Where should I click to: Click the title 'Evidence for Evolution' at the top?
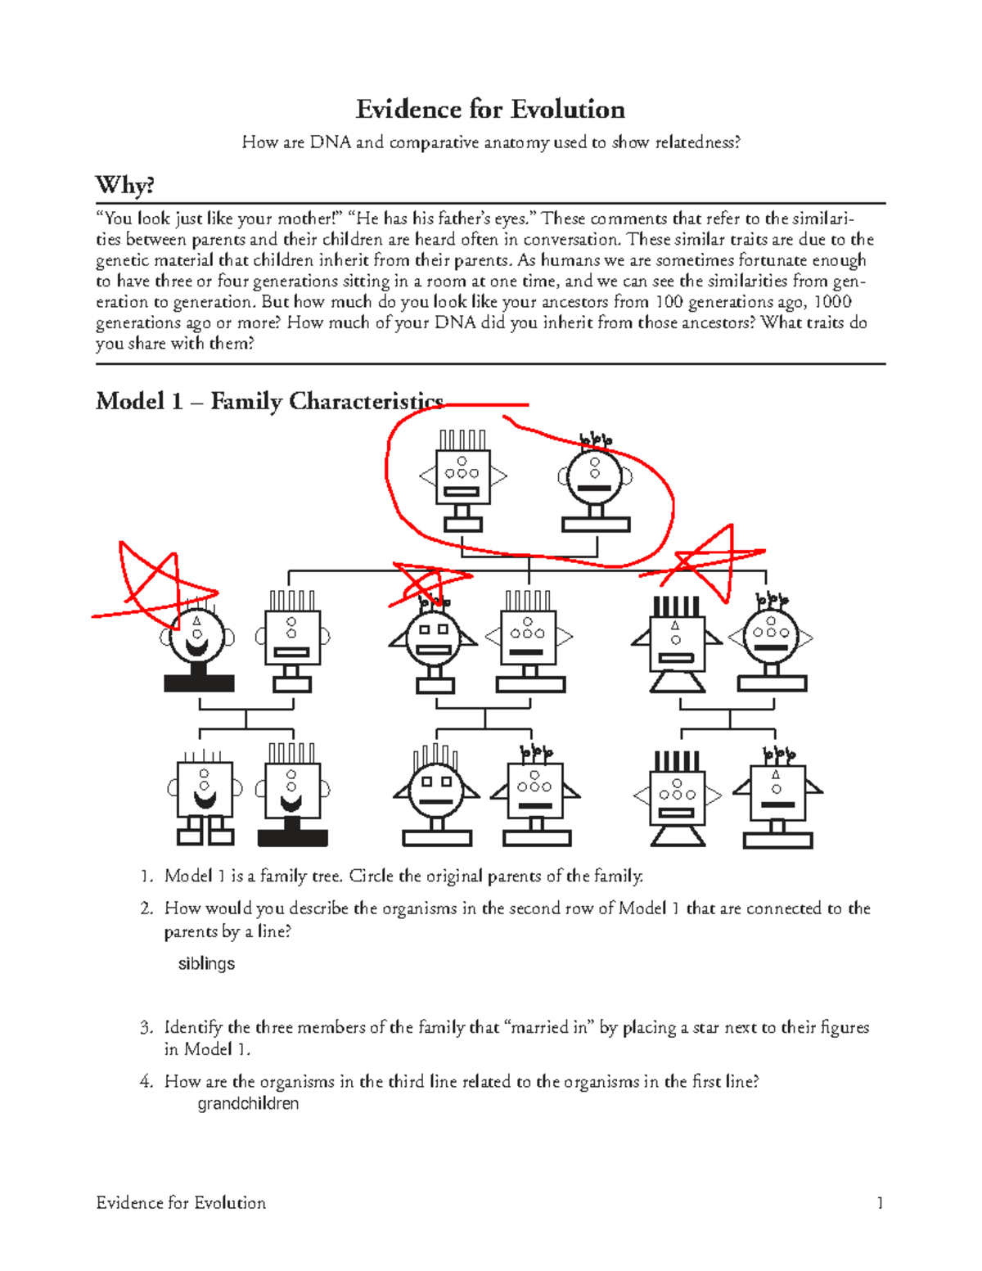tap(490, 110)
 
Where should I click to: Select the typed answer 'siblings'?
tap(206, 963)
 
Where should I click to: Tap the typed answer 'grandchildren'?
tap(248, 1103)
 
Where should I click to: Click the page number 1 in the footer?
tap(880, 1202)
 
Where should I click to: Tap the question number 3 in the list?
tap(146, 1027)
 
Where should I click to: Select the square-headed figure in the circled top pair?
tap(462, 480)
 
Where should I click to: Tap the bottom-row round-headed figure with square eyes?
tap(436, 794)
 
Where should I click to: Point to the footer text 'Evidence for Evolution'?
tap(181, 1202)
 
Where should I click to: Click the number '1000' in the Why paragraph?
tap(832, 301)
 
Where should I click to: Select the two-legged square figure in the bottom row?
tap(205, 798)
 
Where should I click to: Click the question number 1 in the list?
tap(146, 876)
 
